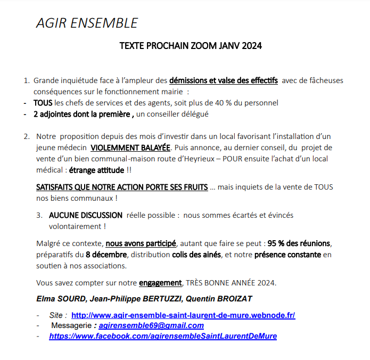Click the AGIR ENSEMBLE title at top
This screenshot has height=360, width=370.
[x=86, y=23]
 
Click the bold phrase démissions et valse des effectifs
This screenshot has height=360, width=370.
[x=224, y=81]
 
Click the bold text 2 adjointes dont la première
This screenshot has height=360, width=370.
[x=82, y=113]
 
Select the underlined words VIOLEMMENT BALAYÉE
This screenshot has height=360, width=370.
[x=130, y=148]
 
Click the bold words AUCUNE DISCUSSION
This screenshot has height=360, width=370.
[x=86, y=216]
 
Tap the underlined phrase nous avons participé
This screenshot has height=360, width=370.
[x=141, y=243]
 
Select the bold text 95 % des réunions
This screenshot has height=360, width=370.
[x=299, y=243]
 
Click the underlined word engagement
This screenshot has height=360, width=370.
[x=160, y=282]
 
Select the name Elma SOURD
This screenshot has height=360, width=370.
[x=59, y=298]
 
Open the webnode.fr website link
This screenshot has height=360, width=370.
[x=183, y=315]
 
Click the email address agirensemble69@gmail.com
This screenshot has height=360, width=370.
[x=151, y=325]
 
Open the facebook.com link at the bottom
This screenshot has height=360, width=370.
[x=163, y=336]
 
